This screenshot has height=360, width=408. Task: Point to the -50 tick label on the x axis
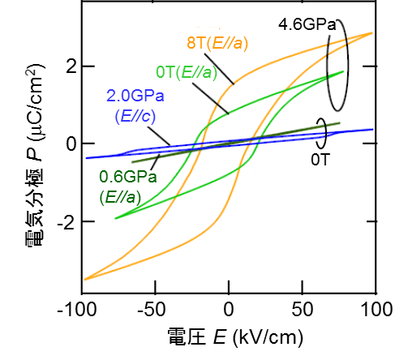pos(155,311)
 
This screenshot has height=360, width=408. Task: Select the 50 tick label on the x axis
pos(302,311)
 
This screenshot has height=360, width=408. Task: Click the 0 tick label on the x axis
pos(229,311)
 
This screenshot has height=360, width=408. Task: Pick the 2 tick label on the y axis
pos(71,66)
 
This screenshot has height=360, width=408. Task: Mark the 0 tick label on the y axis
pos(71,144)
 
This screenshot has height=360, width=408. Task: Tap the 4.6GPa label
pos(307,25)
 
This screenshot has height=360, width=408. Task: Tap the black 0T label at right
pos(320,160)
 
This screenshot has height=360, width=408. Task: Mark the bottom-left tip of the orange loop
pos(84,280)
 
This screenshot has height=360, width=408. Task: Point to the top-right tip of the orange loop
pos(372,33)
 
